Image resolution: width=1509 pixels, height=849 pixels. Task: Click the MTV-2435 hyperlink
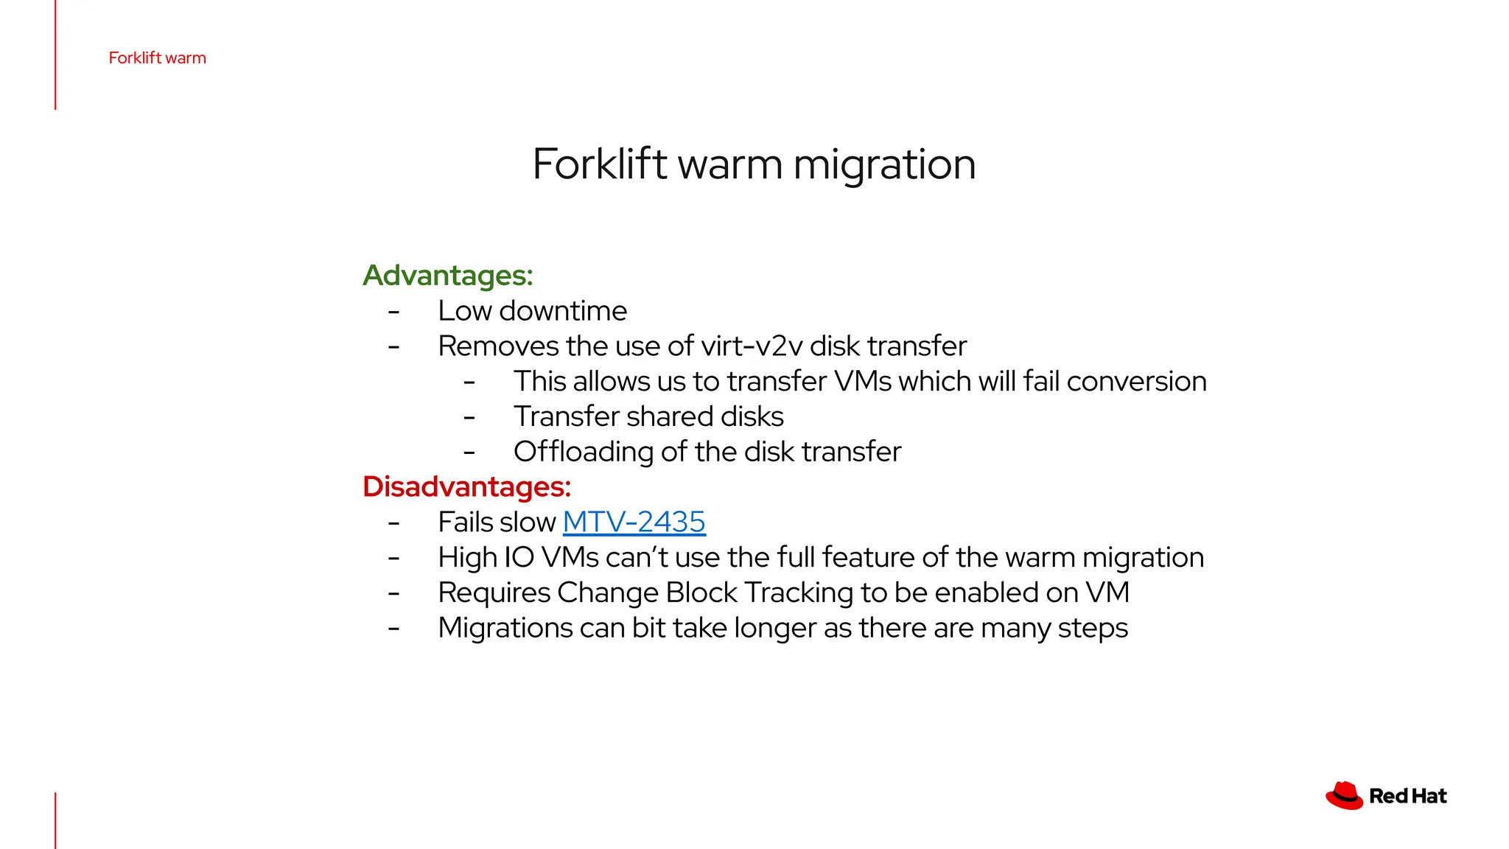coord(634,522)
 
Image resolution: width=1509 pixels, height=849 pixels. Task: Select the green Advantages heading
coord(447,276)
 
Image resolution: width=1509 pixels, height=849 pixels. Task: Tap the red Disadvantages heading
coord(466,487)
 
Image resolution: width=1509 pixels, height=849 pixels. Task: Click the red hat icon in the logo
coord(1344,796)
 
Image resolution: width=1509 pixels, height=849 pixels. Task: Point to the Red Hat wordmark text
coord(1407,796)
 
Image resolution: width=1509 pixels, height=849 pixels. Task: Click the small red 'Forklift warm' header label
coord(157,58)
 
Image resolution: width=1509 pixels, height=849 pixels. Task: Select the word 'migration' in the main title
coord(884,164)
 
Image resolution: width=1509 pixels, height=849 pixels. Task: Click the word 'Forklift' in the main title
coord(600,164)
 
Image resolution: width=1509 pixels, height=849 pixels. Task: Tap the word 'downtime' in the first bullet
coord(563,311)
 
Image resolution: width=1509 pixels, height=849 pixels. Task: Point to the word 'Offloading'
coord(583,453)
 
